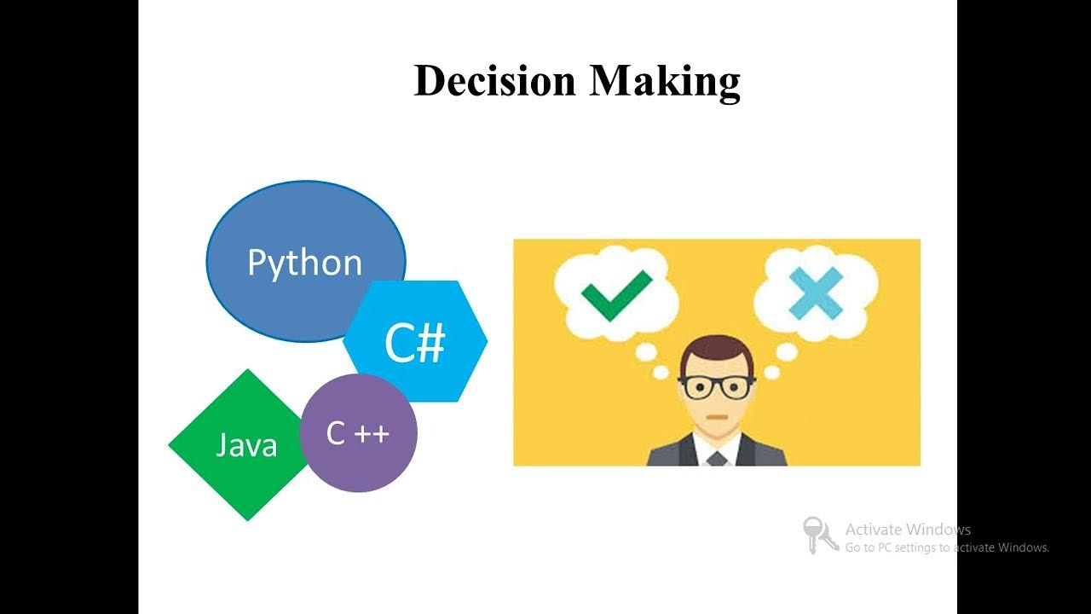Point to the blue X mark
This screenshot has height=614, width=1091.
(x=815, y=293)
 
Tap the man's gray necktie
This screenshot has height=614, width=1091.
(x=717, y=458)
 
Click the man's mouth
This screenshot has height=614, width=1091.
(x=717, y=420)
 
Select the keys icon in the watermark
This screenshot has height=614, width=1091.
(x=820, y=535)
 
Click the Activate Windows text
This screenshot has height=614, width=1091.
(x=908, y=530)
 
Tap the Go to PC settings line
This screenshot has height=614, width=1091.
(x=946, y=547)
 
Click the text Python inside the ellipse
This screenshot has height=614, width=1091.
(x=304, y=263)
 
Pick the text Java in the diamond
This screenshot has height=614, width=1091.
(x=246, y=445)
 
